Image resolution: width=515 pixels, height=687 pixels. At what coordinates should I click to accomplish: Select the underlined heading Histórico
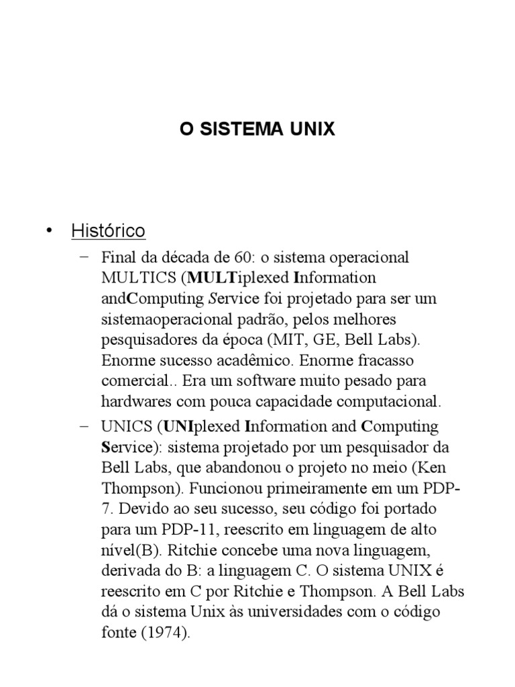[108, 231]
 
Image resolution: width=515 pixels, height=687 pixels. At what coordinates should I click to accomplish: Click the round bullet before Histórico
[48, 231]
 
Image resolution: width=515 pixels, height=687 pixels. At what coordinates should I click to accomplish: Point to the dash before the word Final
[83, 258]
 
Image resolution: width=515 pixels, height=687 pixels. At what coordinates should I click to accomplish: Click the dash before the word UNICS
[83, 426]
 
